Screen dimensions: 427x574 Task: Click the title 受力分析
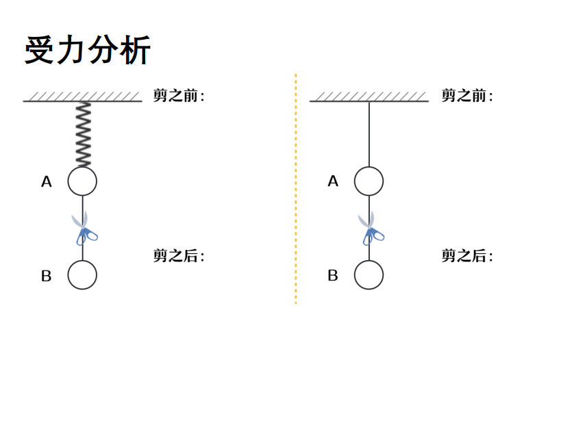[x=88, y=51]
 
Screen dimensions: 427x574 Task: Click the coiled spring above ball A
[x=83, y=135]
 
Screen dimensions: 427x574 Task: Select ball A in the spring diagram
[x=82, y=181]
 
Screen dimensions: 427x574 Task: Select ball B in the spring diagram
[x=82, y=275]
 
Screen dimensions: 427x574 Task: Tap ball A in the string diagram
[x=369, y=181]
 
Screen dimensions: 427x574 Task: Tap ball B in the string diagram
[x=369, y=275]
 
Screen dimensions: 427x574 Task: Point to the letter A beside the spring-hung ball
[x=47, y=182]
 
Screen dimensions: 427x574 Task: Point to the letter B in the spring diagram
[x=47, y=276]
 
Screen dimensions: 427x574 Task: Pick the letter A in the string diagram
[x=333, y=182]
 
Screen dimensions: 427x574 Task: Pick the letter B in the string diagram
[x=333, y=276]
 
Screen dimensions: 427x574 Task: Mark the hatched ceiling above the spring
[x=82, y=97]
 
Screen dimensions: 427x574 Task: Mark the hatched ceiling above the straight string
[x=369, y=97]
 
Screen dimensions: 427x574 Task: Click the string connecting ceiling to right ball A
[x=369, y=134]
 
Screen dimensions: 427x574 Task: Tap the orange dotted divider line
[x=295, y=188]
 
